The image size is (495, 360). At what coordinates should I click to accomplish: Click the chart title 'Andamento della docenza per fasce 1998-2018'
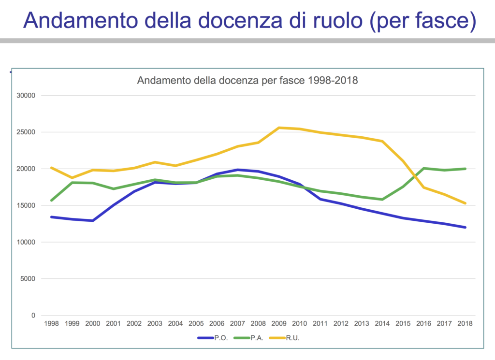click(x=247, y=80)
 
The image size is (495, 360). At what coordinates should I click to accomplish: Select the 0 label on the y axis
click(x=33, y=316)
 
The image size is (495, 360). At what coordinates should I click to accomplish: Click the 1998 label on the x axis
click(x=51, y=323)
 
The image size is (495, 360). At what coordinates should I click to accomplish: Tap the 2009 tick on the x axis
click(x=279, y=323)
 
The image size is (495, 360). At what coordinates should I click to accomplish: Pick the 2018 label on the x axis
click(x=465, y=323)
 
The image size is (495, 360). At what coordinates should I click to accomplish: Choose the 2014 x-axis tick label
click(x=382, y=323)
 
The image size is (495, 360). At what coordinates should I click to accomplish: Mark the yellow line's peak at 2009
click(x=279, y=128)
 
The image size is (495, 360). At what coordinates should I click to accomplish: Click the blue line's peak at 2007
click(x=237, y=170)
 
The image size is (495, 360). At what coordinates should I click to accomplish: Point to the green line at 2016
click(x=424, y=168)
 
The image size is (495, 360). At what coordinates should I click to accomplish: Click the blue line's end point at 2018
click(x=465, y=227)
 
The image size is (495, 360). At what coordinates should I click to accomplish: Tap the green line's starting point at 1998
click(x=51, y=200)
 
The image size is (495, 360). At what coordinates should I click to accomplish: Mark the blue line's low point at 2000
click(x=93, y=220)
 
